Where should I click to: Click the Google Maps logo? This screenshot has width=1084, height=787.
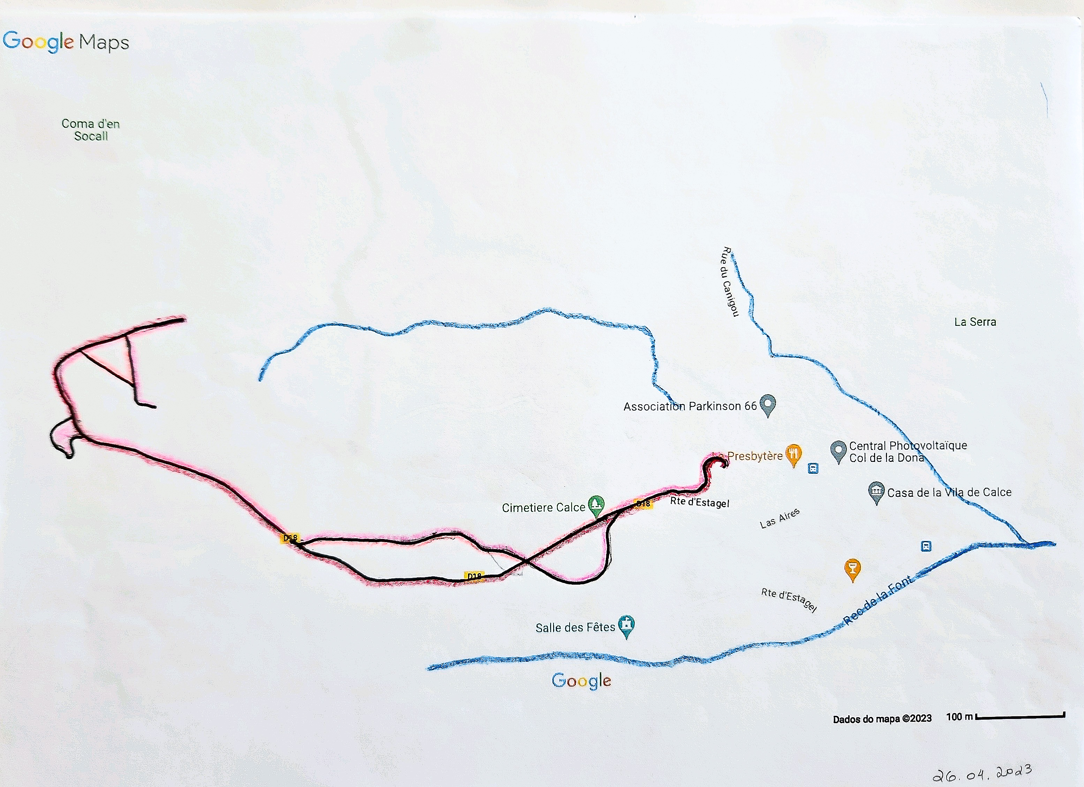coord(66,42)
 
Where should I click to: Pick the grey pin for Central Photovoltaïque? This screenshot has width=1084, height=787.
coord(838,450)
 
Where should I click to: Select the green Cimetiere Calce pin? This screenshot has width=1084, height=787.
coord(595,504)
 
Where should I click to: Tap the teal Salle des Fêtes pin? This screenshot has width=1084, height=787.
coord(626,625)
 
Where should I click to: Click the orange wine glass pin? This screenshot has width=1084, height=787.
coord(853,569)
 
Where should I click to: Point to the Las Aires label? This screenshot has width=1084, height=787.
coord(780,518)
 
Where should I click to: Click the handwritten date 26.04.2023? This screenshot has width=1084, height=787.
coord(982,772)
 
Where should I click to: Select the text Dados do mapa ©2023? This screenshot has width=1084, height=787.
coord(882,719)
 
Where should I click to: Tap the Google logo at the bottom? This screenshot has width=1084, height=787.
coord(581,680)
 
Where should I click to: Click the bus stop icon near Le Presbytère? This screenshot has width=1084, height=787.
coord(813,468)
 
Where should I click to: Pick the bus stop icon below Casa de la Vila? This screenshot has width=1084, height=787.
coord(926,546)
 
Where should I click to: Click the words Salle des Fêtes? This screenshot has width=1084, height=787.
coord(575,627)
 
